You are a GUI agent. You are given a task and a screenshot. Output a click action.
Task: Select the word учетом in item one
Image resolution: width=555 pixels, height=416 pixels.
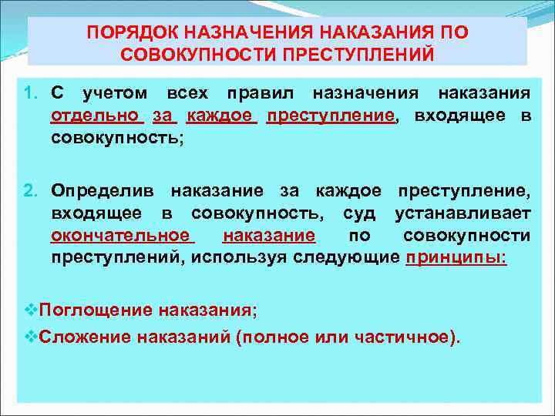click(115, 94)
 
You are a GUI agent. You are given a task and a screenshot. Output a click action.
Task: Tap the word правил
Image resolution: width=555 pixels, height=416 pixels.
click(261, 94)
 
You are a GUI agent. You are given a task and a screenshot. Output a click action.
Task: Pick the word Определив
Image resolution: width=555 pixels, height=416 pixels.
click(103, 189)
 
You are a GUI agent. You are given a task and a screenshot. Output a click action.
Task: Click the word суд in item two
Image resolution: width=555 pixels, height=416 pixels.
click(360, 213)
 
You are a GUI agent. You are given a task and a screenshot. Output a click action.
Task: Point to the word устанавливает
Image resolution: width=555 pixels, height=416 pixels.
click(462, 213)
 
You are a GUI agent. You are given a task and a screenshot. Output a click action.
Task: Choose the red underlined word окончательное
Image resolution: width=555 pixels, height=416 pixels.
click(121, 236)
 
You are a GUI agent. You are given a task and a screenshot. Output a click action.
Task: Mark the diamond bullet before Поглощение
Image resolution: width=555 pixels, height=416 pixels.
click(30, 310)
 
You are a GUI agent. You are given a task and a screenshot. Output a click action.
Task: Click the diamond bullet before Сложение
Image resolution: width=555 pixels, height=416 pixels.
click(30, 337)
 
